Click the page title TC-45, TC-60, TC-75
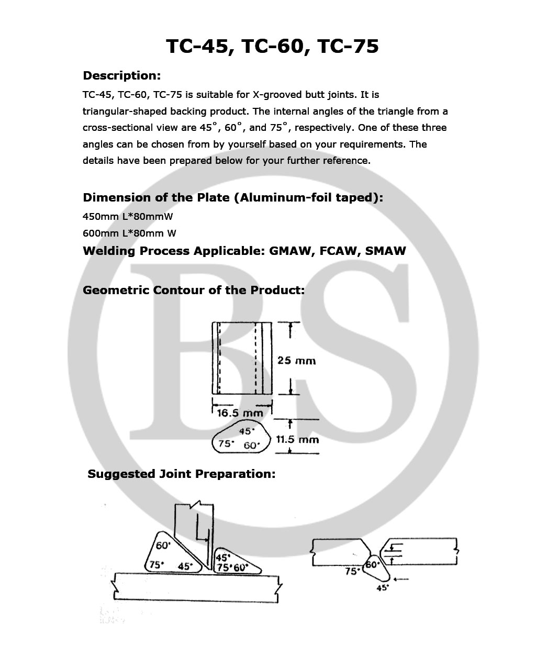coord(272,47)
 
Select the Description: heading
coord(121,76)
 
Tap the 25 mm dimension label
coord(296,361)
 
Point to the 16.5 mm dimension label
coord(240,413)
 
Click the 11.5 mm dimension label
coord(297,440)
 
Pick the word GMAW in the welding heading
coord(289,251)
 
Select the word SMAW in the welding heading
coord(385,251)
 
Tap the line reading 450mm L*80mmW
coord(127,217)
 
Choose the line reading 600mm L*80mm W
coord(129,233)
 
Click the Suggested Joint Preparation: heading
coord(181,474)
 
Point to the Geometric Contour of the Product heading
coord(194,290)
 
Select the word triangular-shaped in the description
coord(123,111)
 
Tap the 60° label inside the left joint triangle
coord(163,545)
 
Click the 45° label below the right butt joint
coord(383,588)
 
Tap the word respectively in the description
coord(322,128)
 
